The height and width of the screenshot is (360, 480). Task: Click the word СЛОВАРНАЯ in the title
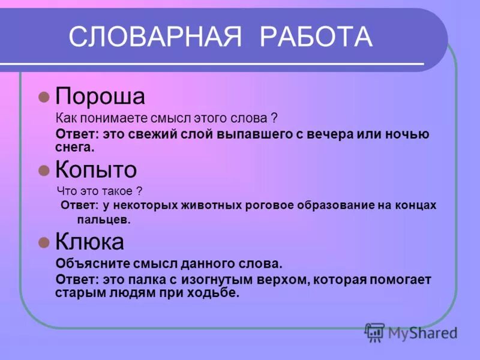tap(155, 37)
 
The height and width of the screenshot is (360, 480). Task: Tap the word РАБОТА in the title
tap(316, 37)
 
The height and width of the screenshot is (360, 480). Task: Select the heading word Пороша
tap(100, 97)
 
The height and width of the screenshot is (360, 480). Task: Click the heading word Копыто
tap(96, 170)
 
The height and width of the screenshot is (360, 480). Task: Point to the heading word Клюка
tap(89, 242)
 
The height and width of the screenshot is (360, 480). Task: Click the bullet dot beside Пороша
tap(43, 97)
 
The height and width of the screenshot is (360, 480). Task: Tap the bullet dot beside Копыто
tap(43, 170)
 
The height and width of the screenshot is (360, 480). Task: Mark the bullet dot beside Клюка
tap(43, 242)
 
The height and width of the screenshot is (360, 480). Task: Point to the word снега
tap(75, 146)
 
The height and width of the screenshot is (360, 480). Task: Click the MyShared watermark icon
tap(375, 332)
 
